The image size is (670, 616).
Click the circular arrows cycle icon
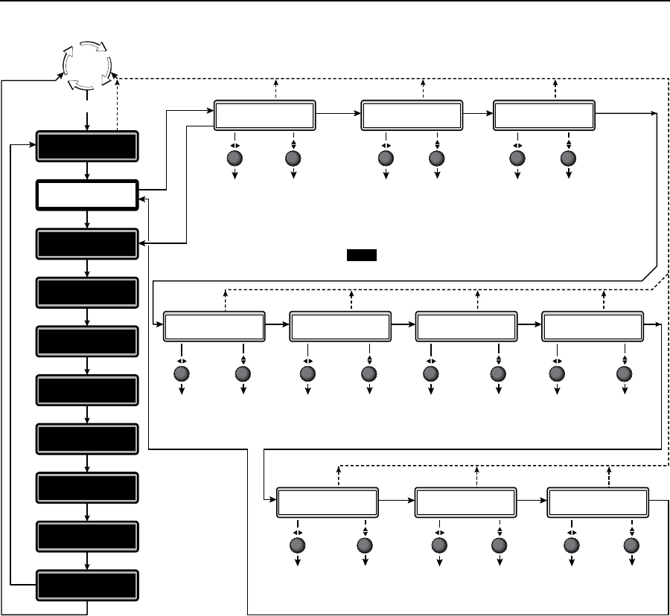pos(86,65)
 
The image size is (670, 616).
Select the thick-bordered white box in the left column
pos(88,196)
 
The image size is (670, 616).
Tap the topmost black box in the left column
pos(88,147)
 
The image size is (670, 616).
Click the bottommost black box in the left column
pos(88,585)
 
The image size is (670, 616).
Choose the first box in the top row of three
pos(265,115)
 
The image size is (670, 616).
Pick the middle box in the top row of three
pos(412,115)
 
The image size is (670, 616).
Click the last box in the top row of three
pos(544,115)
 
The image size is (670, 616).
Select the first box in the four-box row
pos(214,325)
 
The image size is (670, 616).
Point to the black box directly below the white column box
pos(88,244)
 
